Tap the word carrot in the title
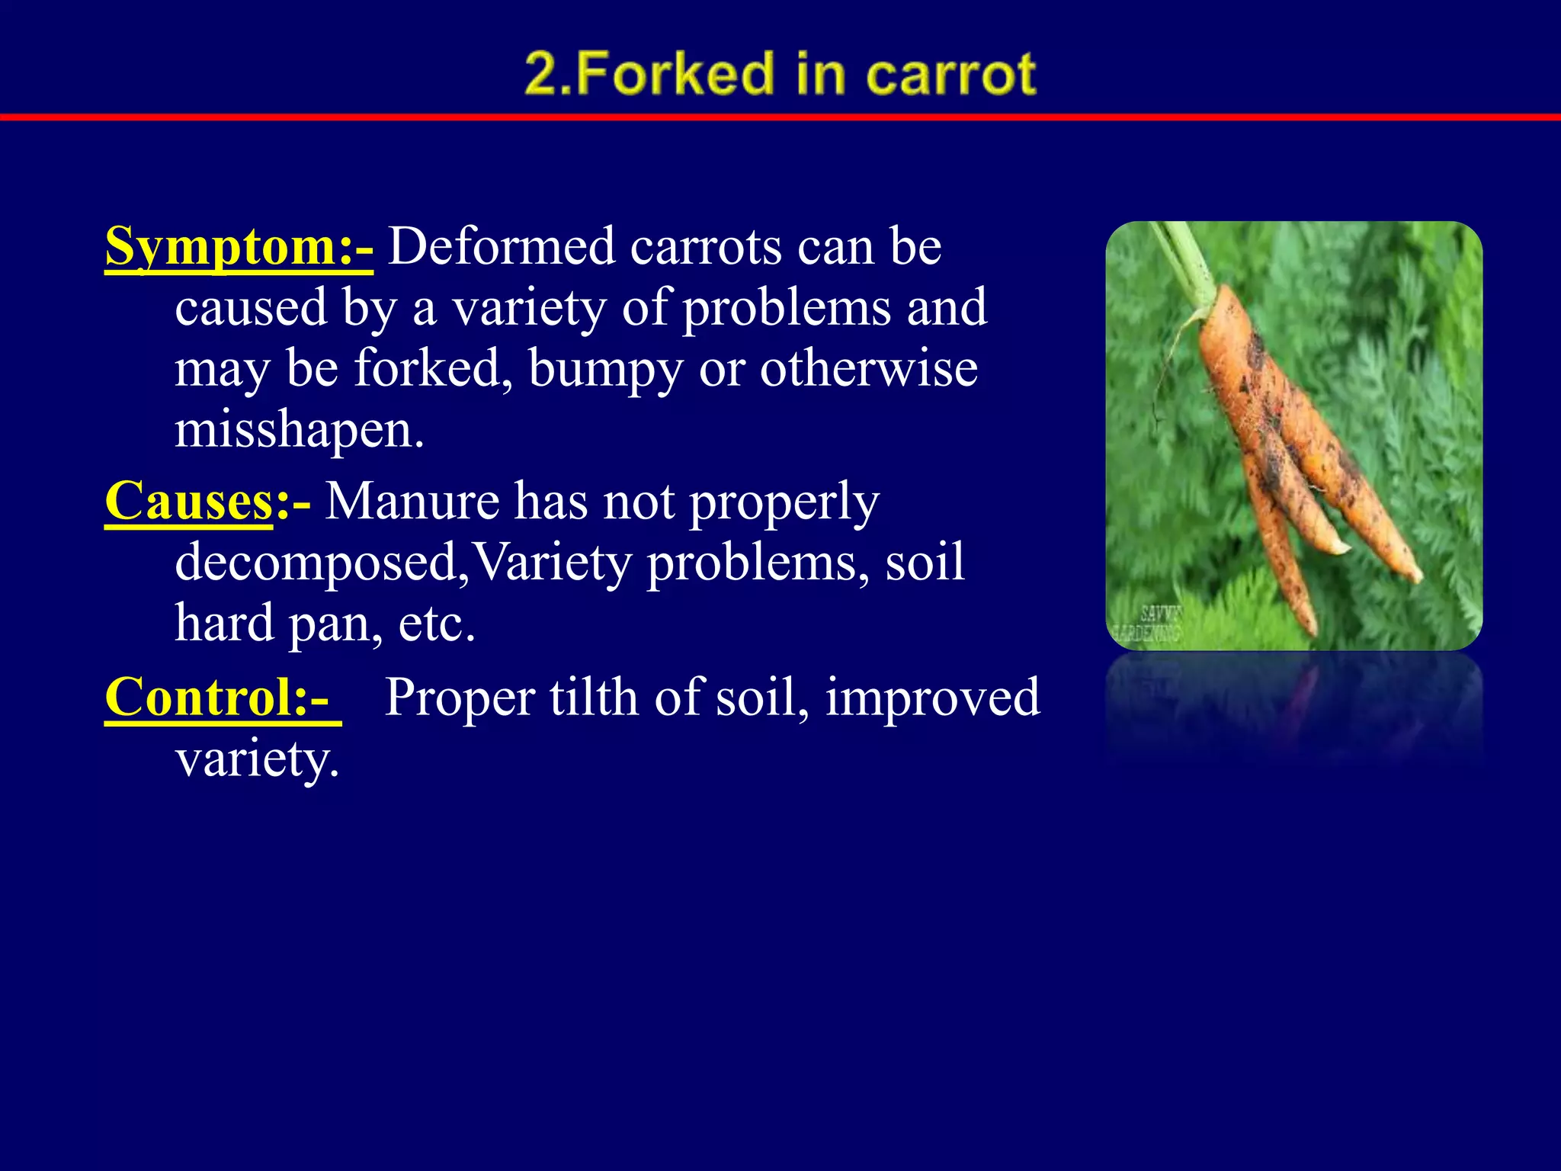(950, 74)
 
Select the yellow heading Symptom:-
(239, 247)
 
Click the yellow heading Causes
(189, 502)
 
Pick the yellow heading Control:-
(218, 697)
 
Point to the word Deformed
(501, 247)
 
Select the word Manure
(412, 502)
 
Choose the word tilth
(593, 697)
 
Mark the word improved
(932, 698)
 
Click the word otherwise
(868, 368)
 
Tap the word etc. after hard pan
(436, 624)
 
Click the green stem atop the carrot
(1181, 259)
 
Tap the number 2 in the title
(542, 74)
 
